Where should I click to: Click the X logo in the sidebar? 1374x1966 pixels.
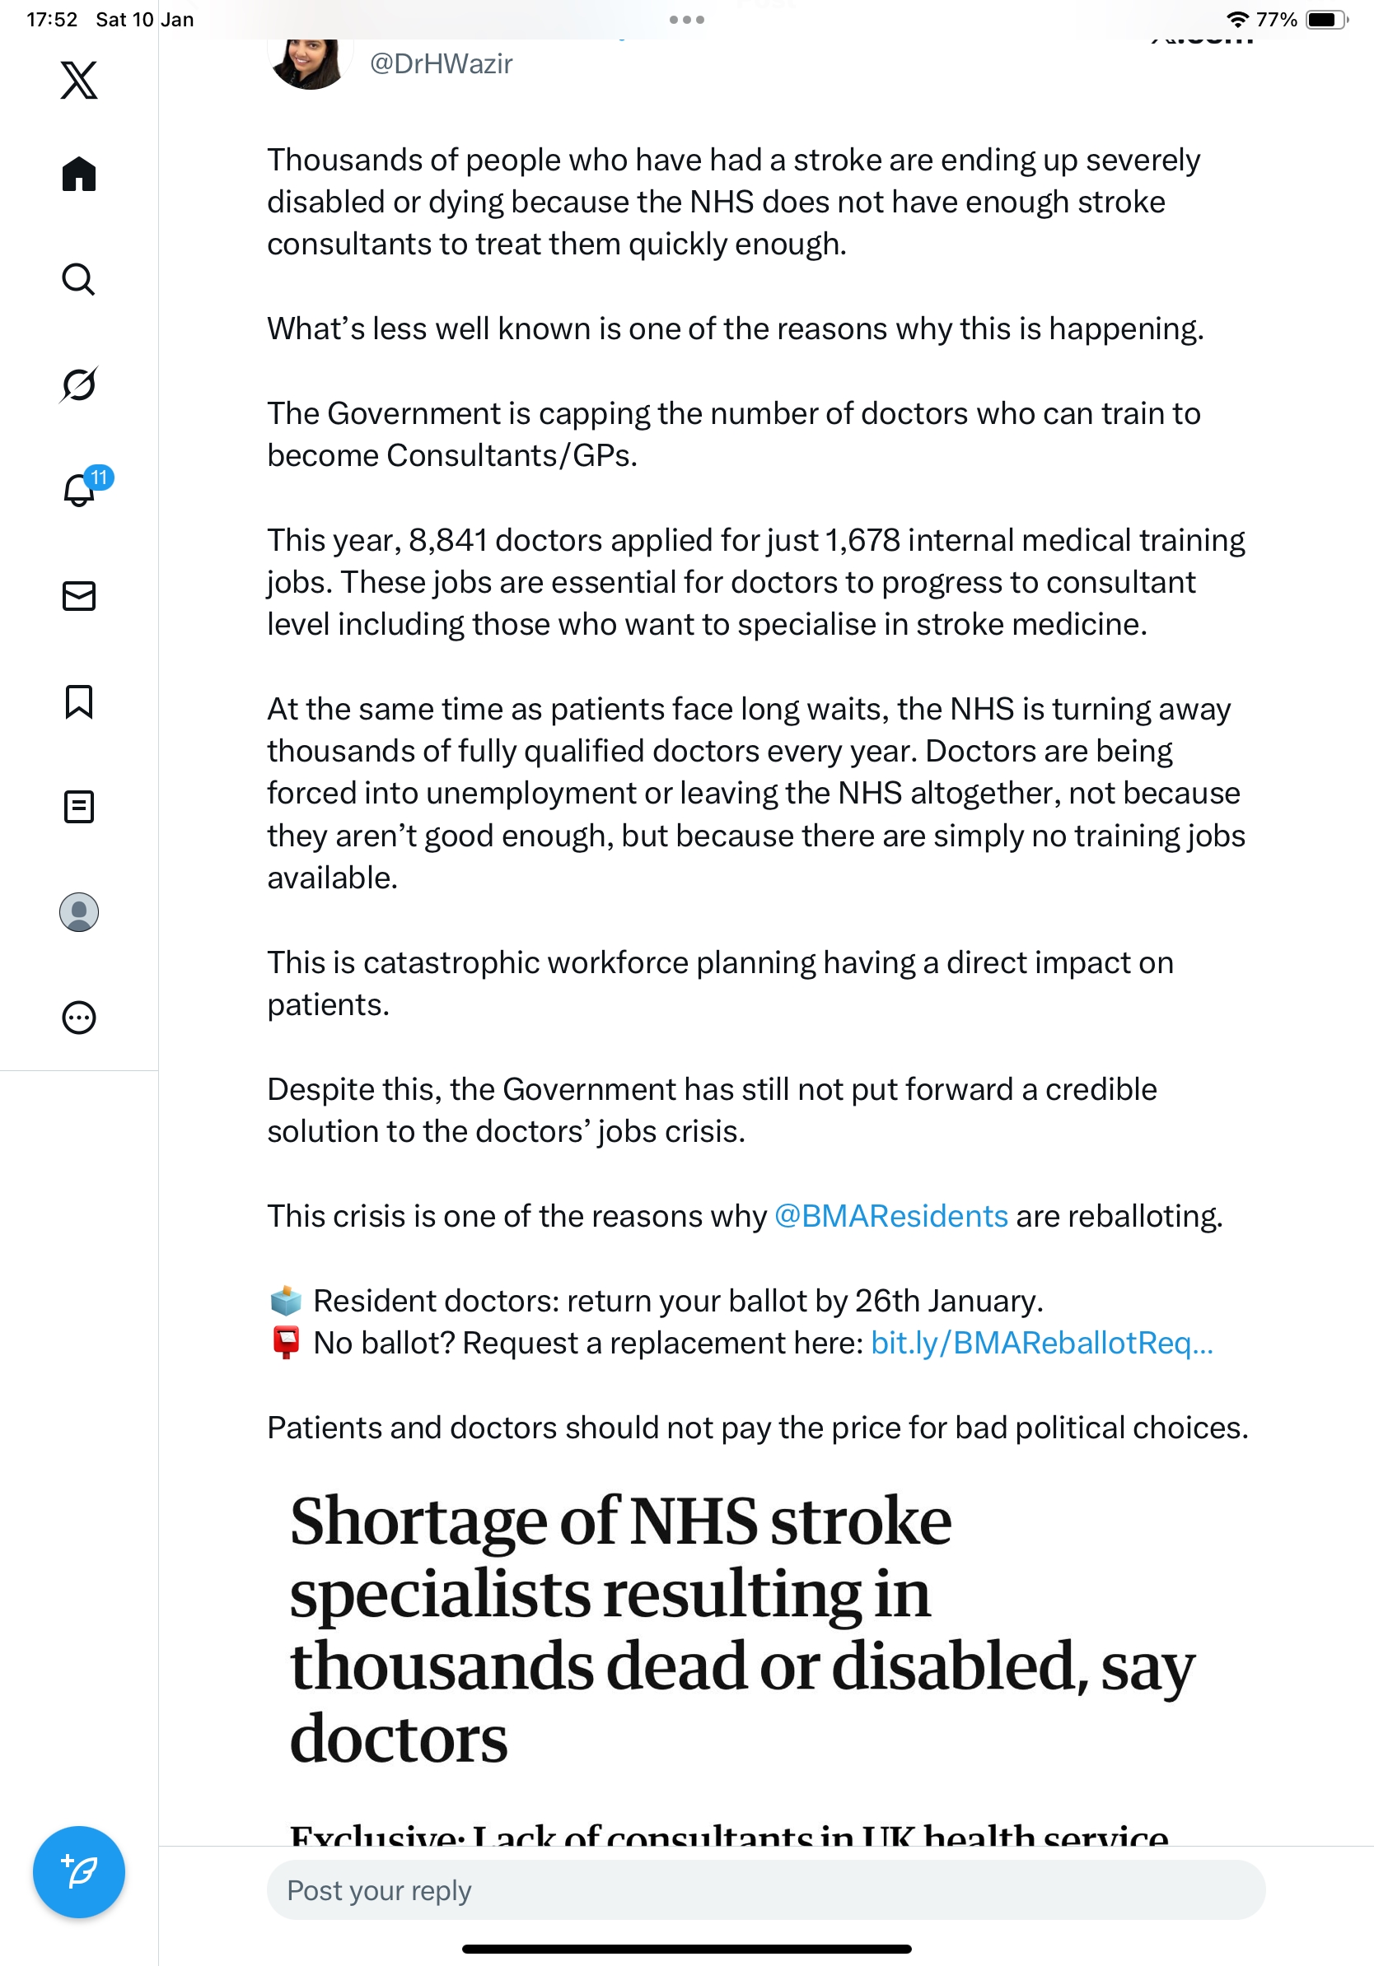(79, 81)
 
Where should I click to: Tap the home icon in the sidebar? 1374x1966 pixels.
(79, 175)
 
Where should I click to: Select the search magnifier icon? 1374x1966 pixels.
(79, 280)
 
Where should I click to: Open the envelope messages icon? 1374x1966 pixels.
(79, 596)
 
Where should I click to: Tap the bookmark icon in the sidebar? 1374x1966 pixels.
(79, 701)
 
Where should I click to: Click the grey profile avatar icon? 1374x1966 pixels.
(79, 912)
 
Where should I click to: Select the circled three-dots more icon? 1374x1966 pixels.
(79, 1018)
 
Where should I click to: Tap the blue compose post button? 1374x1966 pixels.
(79, 1872)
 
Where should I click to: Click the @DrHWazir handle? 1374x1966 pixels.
(442, 64)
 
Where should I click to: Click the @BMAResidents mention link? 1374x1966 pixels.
(890, 1216)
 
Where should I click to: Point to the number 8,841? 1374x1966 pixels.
(448, 540)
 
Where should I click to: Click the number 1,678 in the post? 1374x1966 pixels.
(862, 540)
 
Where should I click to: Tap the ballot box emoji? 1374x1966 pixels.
(286, 1301)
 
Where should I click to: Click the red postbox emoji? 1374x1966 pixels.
(286, 1342)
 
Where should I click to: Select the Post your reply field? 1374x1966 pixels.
(766, 1889)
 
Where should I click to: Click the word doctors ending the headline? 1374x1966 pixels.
(400, 1740)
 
